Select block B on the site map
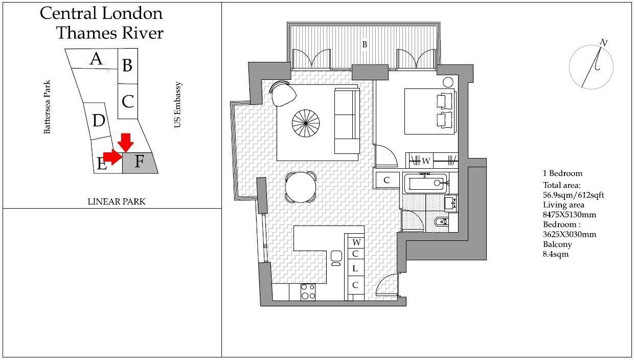point(127,65)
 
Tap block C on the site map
point(128,101)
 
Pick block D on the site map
point(98,121)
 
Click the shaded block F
point(140,163)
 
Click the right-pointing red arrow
point(112,157)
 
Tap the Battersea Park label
point(47,107)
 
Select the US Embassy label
point(177,105)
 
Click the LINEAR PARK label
point(116,201)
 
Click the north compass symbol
point(592,66)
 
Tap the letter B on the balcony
point(365,45)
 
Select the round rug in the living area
point(305,123)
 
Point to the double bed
point(430,111)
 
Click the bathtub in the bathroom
point(426,183)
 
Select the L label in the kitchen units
point(355,269)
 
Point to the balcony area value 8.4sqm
point(555,254)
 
